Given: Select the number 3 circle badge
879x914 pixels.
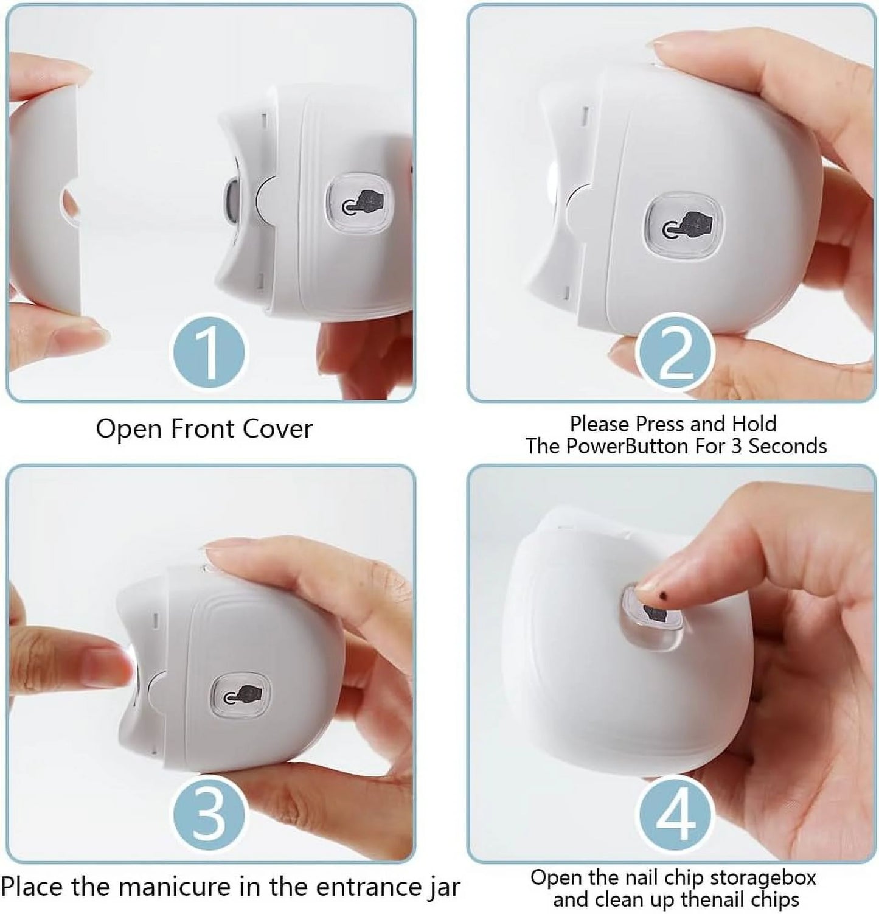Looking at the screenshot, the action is pos(208,814).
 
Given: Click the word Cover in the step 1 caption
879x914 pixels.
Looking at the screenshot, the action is pos(277,429).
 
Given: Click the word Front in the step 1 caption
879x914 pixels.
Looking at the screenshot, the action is pos(204,429).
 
